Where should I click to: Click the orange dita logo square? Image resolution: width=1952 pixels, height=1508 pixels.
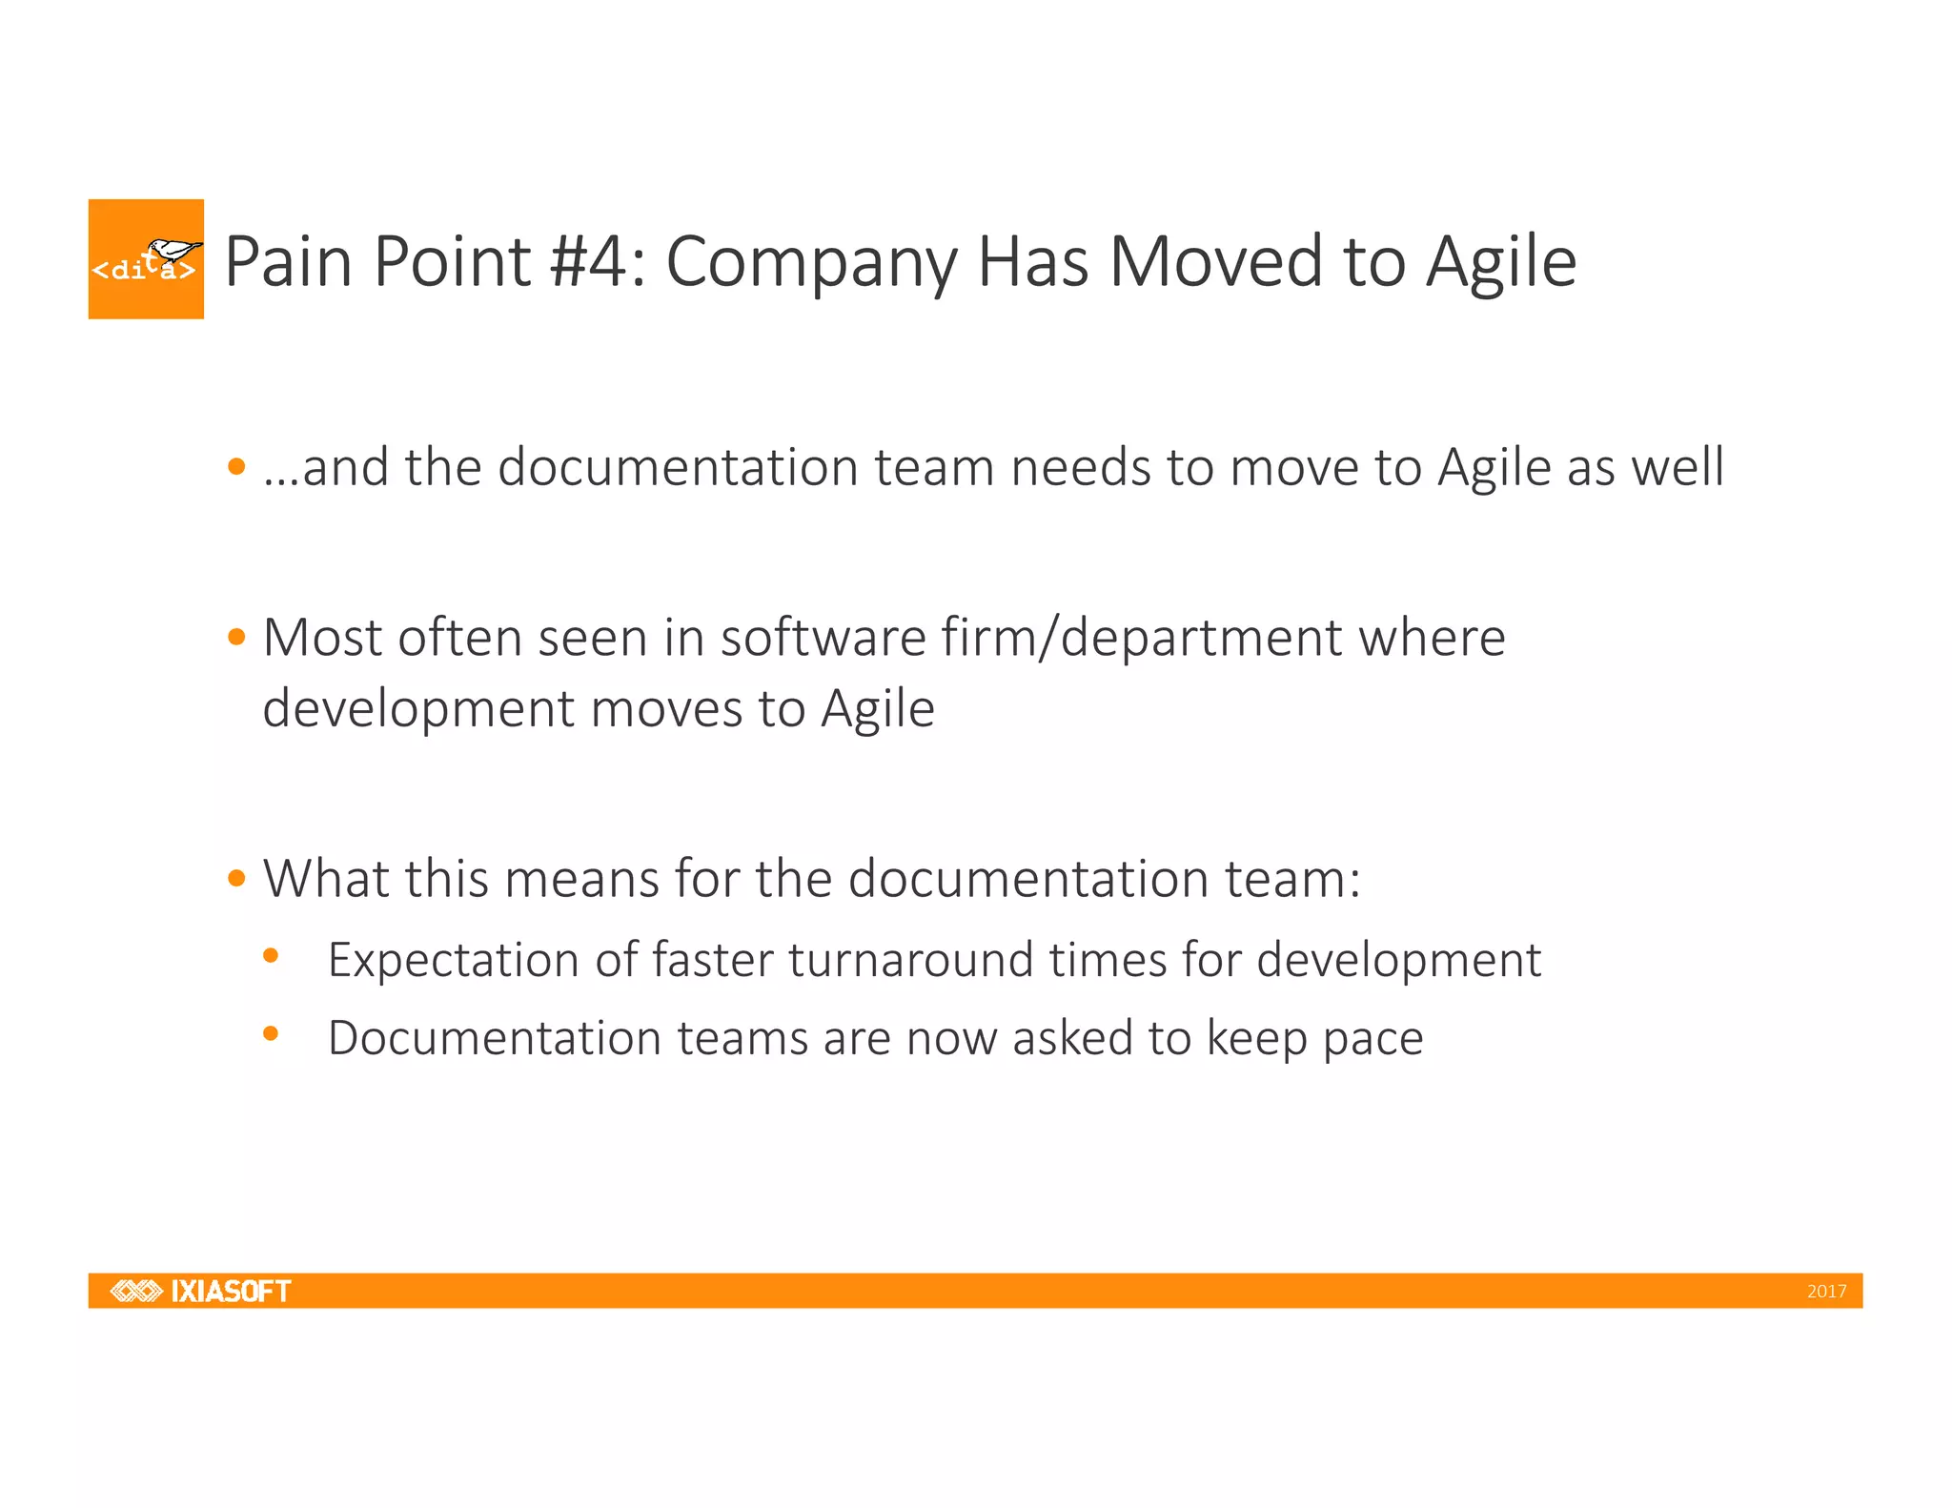click(x=145, y=258)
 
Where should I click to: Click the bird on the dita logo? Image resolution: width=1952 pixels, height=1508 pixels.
click(x=174, y=251)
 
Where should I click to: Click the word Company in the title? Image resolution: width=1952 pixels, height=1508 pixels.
click(x=811, y=263)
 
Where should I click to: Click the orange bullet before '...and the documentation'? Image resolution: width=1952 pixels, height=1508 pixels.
click(x=237, y=467)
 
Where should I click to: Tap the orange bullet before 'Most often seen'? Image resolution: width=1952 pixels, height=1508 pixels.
click(x=237, y=637)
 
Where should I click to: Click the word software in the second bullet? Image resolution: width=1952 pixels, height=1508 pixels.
click(x=823, y=637)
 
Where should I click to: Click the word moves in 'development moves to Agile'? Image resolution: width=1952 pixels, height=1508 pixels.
click(x=666, y=709)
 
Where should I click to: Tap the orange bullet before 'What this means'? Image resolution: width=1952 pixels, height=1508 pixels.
click(x=237, y=878)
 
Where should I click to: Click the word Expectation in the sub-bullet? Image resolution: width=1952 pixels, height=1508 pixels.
click(x=453, y=960)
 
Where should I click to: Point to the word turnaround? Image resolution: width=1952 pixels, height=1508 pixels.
click(x=910, y=960)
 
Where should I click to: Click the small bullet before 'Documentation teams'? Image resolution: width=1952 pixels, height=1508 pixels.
click(x=271, y=1033)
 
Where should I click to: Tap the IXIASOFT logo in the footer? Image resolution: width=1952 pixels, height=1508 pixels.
click(x=201, y=1291)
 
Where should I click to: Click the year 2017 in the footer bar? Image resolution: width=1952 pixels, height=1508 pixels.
click(x=1826, y=1292)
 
